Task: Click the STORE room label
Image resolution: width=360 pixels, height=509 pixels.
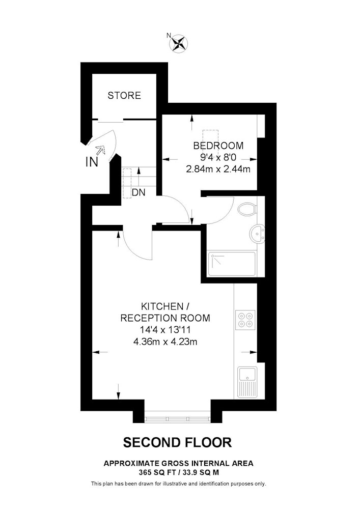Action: coord(124,96)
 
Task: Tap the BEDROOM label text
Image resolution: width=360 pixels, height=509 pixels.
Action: coord(218,146)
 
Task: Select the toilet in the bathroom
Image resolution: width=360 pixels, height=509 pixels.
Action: coord(247,209)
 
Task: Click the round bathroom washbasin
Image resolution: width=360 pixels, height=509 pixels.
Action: coord(258,234)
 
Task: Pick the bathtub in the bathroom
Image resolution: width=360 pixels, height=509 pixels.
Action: coord(232,264)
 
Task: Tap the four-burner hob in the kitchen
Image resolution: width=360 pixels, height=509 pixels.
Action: coord(245,320)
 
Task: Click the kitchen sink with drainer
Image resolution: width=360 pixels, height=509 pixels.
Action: coord(247,382)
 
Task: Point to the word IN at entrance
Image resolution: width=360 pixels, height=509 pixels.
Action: coord(92,162)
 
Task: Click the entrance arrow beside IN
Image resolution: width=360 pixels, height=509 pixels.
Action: coord(101,150)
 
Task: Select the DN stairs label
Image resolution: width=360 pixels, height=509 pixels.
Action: coord(139,192)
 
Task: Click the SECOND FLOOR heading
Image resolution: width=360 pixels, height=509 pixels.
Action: coord(178,442)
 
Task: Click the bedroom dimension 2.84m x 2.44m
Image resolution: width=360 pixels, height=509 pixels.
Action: coord(218,169)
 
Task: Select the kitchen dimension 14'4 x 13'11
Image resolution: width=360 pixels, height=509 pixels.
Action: coord(165,330)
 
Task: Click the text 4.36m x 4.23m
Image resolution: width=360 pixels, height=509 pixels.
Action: coord(165,342)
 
